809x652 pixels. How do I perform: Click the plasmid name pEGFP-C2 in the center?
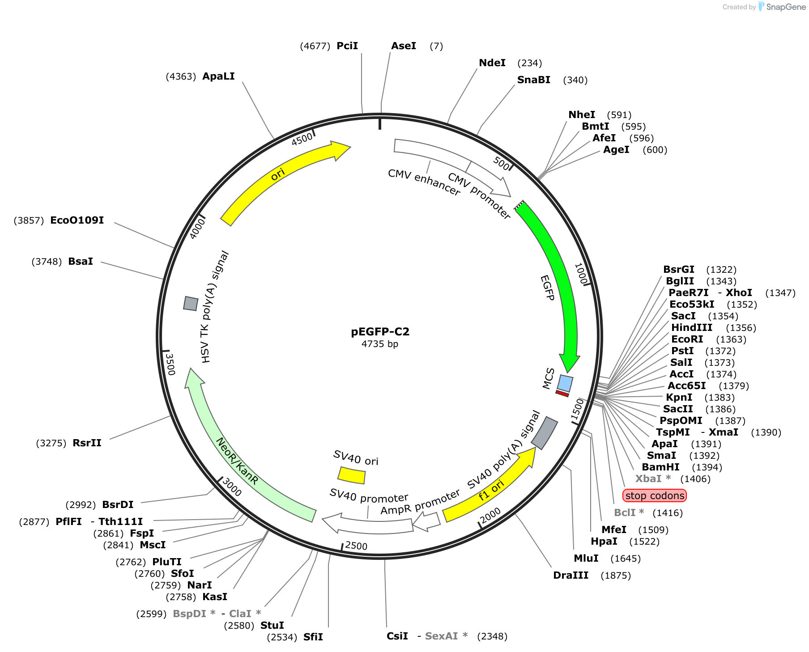(380, 332)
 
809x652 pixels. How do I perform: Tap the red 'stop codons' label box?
(655, 495)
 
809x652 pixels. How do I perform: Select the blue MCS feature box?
(565, 383)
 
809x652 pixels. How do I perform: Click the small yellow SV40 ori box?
(352, 475)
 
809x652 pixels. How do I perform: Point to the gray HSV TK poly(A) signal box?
(191, 303)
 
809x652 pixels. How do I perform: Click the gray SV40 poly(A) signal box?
(545, 433)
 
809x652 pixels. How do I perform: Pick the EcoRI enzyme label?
(687, 339)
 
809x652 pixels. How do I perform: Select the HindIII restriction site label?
(692, 328)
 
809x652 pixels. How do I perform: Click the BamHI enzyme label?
(660, 467)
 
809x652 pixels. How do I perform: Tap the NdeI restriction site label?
(492, 63)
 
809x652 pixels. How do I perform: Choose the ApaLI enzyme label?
(218, 76)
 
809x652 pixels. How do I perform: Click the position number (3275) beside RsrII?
(51, 443)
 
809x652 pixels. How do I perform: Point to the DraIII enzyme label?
(571, 576)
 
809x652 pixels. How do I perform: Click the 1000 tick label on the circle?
(581, 274)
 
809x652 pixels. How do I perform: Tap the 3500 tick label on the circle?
(170, 364)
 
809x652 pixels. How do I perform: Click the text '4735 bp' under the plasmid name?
(380, 344)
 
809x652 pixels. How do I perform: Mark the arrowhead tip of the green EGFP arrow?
(568, 373)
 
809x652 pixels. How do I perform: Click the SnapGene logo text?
(786, 7)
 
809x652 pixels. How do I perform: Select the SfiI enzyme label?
(313, 637)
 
